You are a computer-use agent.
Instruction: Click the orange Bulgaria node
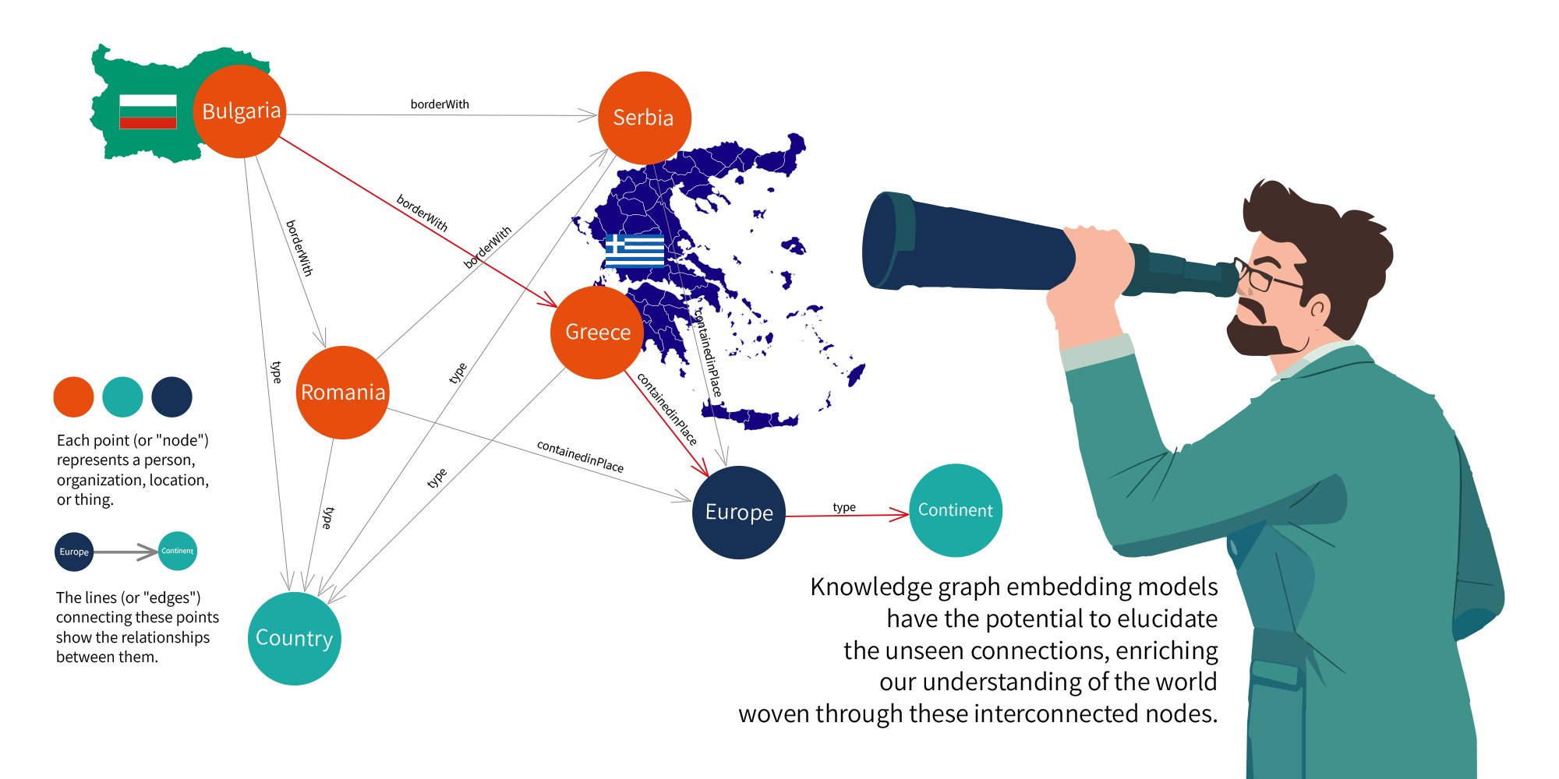[240, 111]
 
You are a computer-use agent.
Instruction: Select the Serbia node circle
[644, 118]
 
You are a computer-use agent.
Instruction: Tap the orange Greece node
[597, 333]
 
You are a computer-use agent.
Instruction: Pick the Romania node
[343, 392]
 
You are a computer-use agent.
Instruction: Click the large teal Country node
[294, 638]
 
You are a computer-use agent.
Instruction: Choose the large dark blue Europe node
[738, 512]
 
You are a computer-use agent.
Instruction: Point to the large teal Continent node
[955, 510]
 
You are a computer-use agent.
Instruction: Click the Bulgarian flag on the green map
[148, 111]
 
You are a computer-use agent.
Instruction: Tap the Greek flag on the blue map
[635, 250]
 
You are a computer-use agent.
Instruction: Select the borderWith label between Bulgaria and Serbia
[440, 104]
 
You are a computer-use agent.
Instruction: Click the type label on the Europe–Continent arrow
[844, 507]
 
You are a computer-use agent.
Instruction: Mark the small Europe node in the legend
[74, 552]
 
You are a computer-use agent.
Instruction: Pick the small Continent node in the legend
[178, 551]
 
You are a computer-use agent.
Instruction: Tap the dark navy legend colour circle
[171, 397]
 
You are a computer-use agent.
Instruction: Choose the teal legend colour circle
[122, 397]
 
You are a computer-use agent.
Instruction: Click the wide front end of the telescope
[885, 241]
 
